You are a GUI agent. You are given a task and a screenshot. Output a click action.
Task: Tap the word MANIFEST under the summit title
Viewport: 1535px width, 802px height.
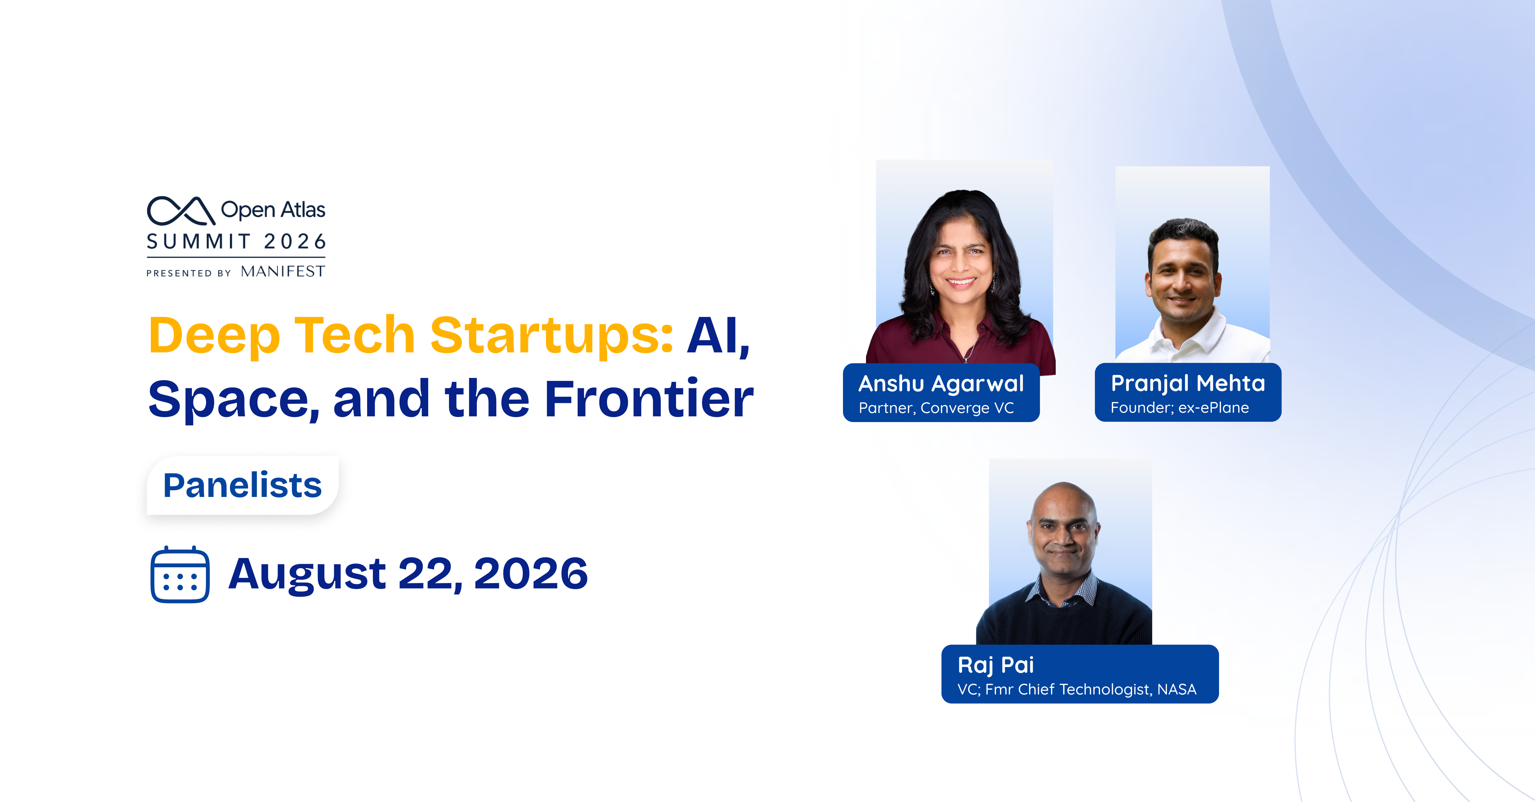[x=283, y=272]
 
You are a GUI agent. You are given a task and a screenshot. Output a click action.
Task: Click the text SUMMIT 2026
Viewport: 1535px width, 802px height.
[x=236, y=241]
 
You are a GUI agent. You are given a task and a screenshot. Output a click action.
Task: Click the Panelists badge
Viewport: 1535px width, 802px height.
[x=242, y=485]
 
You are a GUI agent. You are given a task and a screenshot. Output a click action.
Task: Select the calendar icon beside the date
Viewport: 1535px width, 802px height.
[x=180, y=574]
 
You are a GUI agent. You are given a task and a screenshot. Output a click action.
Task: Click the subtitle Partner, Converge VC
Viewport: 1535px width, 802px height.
[x=936, y=408]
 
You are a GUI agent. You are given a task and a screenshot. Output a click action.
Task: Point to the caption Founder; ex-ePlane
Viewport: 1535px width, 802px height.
[x=1179, y=407]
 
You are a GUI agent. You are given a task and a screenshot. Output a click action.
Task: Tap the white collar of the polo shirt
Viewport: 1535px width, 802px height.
[x=1186, y=334]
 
